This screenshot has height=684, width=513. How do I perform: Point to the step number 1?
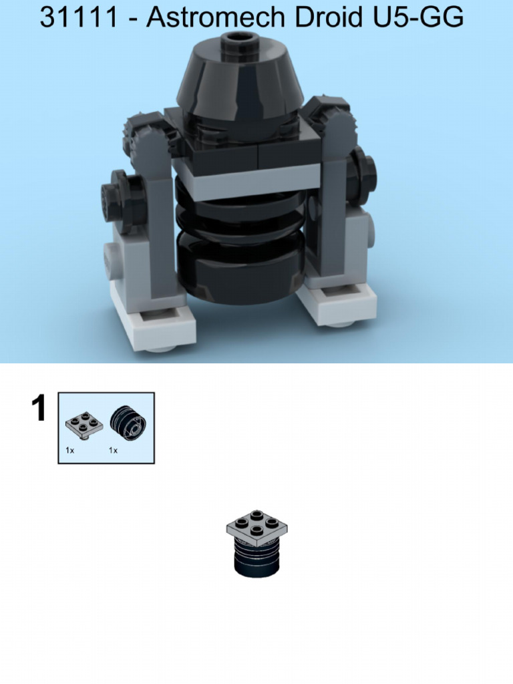click(x=39, y=409)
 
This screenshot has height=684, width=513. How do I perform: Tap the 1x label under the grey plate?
click(x=70, y=450)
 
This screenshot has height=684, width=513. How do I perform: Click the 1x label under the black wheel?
click(x=113, y=450)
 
